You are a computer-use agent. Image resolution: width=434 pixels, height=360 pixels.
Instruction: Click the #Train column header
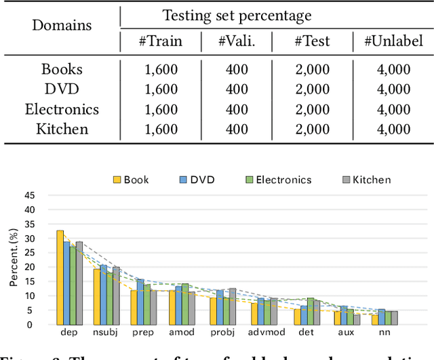pos(161,41)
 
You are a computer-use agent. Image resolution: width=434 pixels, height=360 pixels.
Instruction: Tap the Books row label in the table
pos(62,69)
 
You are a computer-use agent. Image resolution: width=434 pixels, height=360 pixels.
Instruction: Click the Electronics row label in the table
pos(62,109)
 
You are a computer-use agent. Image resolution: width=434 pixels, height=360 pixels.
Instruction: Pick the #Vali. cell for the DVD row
pos(237,89)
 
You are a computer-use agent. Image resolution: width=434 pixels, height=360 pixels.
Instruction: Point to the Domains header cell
pos(62,26)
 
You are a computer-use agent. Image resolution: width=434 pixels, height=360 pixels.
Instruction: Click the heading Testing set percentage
pos(237,15)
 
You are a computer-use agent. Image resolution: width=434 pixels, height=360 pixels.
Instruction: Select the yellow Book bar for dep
pos(60,277)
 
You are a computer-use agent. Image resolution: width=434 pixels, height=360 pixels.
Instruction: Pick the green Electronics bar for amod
pos(185,304)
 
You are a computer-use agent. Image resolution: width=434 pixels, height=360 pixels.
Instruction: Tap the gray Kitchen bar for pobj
pos(233,306)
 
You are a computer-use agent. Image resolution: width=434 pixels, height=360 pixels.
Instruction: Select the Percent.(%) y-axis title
pos(14,260)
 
